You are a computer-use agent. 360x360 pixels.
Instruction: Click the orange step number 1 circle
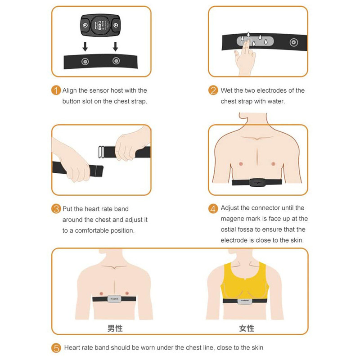pyautogui.click(x=56, y=90)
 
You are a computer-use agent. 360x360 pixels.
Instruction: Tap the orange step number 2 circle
pyautogui.click(x=213, y=90)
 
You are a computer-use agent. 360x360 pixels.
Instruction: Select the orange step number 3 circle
pyautogui.click(x=56, y=209)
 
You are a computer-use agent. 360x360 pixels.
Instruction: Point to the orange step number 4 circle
pyautogui.click(x=213, y=209)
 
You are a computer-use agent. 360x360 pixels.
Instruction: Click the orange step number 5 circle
pyautogui.click(x=56, y=348)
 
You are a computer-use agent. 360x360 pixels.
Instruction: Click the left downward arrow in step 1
pyautogui.click(x=85, y=47)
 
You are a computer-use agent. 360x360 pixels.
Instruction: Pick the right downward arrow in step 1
pyautogui.click(x=116, y=47)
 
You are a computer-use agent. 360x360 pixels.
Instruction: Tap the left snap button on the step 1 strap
pyautogui.click(x=85, y=62)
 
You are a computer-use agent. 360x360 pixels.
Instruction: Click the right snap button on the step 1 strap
pyautogui.click(x=116, y=61)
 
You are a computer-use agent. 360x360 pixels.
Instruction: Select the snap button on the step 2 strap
pyautogui.click(x=294, y=42)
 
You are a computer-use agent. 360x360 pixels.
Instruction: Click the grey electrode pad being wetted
pyautogui.click(x=255, y=41)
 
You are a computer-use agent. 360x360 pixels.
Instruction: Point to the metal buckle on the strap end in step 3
pyautogui.click(x=101, y=152)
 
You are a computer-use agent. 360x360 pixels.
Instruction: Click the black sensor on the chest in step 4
pyautogui.click(x=257, y=183)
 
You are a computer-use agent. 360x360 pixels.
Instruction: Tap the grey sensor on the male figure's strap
pyautogui.click(x=114, y=299)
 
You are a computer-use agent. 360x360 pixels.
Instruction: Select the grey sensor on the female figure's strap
pyautogui.click(x=245, y=301)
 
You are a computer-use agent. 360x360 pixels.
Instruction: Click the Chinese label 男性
pyautogui.click(x=115, y=328)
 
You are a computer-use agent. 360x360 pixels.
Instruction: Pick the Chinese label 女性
pyautogui.click(x=247, y=328)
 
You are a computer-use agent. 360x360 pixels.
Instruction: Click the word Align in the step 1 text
pyautogui.click(x=69, y=91)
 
